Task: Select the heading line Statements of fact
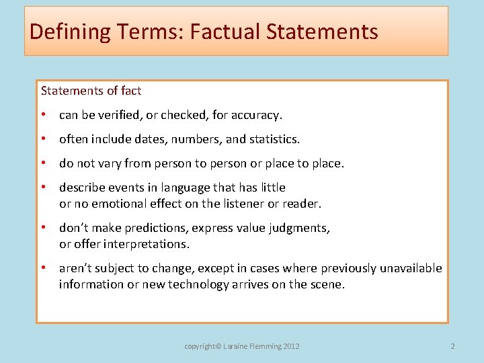pos(91,90)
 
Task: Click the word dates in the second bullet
pos(159,139)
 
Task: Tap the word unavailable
pos(411,268)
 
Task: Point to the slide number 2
pos(452,346)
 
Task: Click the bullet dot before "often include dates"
pos(43,139)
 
